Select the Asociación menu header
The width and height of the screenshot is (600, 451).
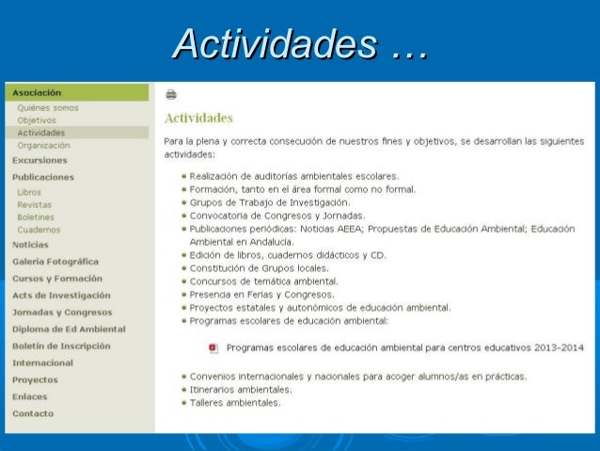pos(37,93)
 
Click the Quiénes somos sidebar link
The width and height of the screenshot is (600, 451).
pos(48,107)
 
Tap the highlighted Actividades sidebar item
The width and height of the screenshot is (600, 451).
pos(41,133)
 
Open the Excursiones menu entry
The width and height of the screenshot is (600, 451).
pos(39,160)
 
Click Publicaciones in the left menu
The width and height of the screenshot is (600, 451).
pos(43,176)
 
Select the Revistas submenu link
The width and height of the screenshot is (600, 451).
pos(35,204)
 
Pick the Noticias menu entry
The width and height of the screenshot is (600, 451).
pos(30,245)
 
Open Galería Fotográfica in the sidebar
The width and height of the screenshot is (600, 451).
pos(55,262)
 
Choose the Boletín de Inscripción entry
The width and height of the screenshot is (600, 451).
pos(61,346)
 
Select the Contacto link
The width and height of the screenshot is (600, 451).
pos(33,413)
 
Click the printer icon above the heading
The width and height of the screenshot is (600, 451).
pos(171,94)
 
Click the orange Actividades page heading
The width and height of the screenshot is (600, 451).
pos(198,119)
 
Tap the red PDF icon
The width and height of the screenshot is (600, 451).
pos(213,347)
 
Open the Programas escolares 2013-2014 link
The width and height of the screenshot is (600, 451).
pos(405,347)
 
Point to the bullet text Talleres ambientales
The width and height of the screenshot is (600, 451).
pos(235,403)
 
